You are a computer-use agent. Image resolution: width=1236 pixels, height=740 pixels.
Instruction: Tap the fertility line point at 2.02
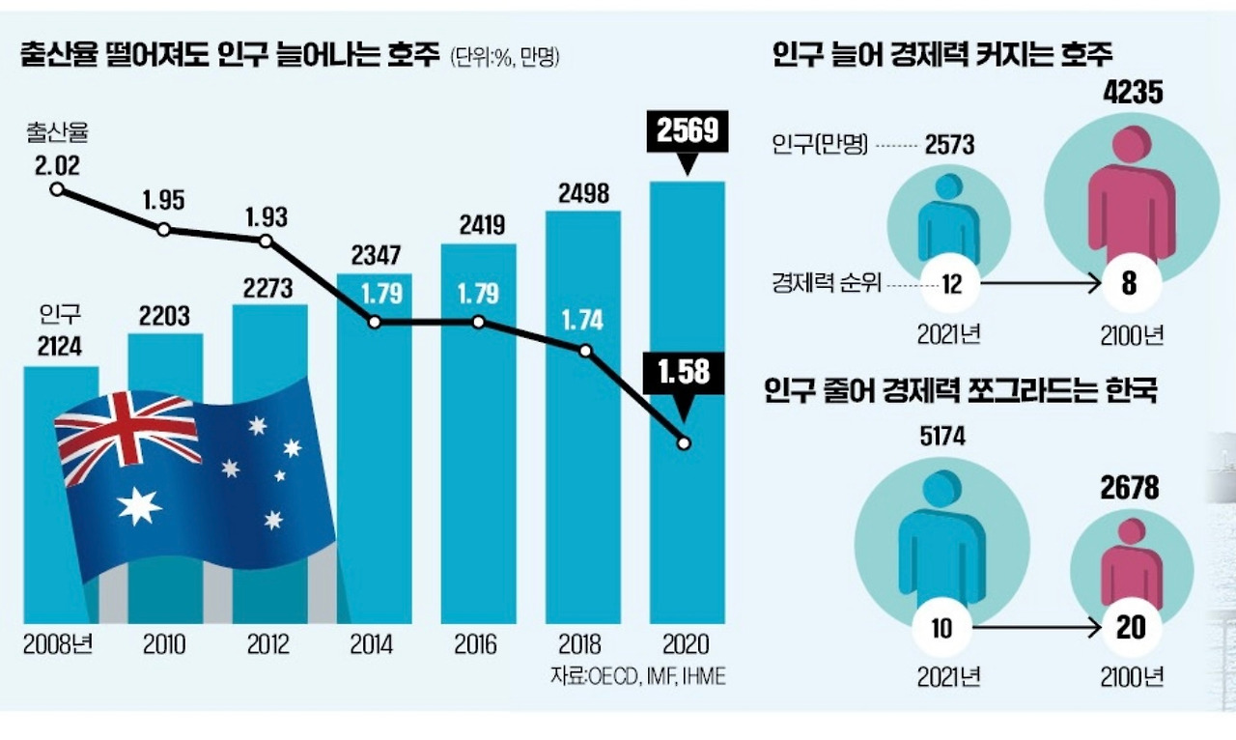pos(57,189)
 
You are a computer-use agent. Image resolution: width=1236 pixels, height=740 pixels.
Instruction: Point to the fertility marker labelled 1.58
pos(685,443)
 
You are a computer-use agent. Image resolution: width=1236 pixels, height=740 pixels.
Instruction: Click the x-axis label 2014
pos(373,644)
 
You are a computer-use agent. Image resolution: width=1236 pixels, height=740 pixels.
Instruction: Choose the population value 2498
pos(582,193)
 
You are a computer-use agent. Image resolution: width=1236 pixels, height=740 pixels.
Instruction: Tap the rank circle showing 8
pos(1130,284)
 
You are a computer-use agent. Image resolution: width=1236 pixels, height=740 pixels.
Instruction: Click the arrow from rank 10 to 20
pos(1037,627)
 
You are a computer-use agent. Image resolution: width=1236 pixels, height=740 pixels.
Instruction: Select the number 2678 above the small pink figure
pos(1129,488)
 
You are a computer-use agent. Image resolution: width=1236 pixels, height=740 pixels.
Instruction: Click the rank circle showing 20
pos(1130,627)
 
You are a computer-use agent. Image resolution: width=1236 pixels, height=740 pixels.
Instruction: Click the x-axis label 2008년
pos(59,644)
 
